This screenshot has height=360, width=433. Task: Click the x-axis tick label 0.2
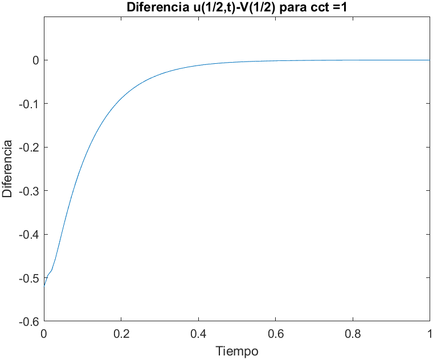click(x=121, y=334)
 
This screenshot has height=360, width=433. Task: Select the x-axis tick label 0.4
click(x=198, y=334)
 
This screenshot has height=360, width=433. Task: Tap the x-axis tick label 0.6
click(x=275, y=334)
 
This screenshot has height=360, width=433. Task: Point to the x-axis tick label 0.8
click(x=353, y=334)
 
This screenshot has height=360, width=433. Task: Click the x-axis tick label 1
click(x=429, y=334)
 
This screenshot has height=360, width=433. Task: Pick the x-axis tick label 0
click(x=44, y=334)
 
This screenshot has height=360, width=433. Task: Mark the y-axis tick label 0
click(x=35, y=60)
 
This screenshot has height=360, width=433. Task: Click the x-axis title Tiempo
click(x=237, y=351)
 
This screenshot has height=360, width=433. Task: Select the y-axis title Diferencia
click(x=7, y=169)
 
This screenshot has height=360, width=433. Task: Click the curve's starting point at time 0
click(x=44, y=285)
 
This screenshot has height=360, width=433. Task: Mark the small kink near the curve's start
click(x=51, y=271)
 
